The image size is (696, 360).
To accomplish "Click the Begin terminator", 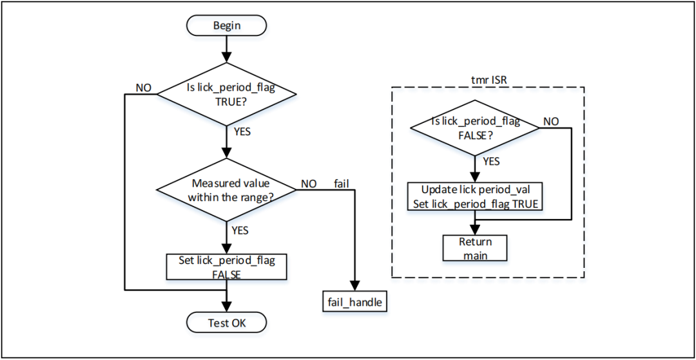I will click(x=226, y=26).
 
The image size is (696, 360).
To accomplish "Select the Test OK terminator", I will click(x=226, y=323).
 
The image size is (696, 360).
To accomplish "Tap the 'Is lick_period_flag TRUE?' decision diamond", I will click(x=226, y=95).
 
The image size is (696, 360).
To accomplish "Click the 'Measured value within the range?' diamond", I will click(x=226, y=191).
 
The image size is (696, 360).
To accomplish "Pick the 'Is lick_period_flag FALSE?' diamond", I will click(x=475, y=128).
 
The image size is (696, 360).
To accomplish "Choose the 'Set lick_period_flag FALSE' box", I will click(x=226, y=267).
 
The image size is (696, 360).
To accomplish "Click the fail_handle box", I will click(x=354, y=301).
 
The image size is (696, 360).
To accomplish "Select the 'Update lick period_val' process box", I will click(x=475, y=198).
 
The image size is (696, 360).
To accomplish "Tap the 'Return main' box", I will click(x=475, y=248).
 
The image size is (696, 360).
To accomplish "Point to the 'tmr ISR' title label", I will click(x=488, y=79).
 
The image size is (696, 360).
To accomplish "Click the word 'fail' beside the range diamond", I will click(x=341, y=184).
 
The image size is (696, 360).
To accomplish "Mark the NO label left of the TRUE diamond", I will click(x=143, y=87).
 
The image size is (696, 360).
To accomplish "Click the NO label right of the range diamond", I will click(x=308, y=184).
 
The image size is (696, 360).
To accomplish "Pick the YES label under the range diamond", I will click(x=239, y=230).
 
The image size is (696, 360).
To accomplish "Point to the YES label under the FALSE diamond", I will click(x=490, y=161).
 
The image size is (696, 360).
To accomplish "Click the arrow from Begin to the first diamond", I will click(x=226, y=48).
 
